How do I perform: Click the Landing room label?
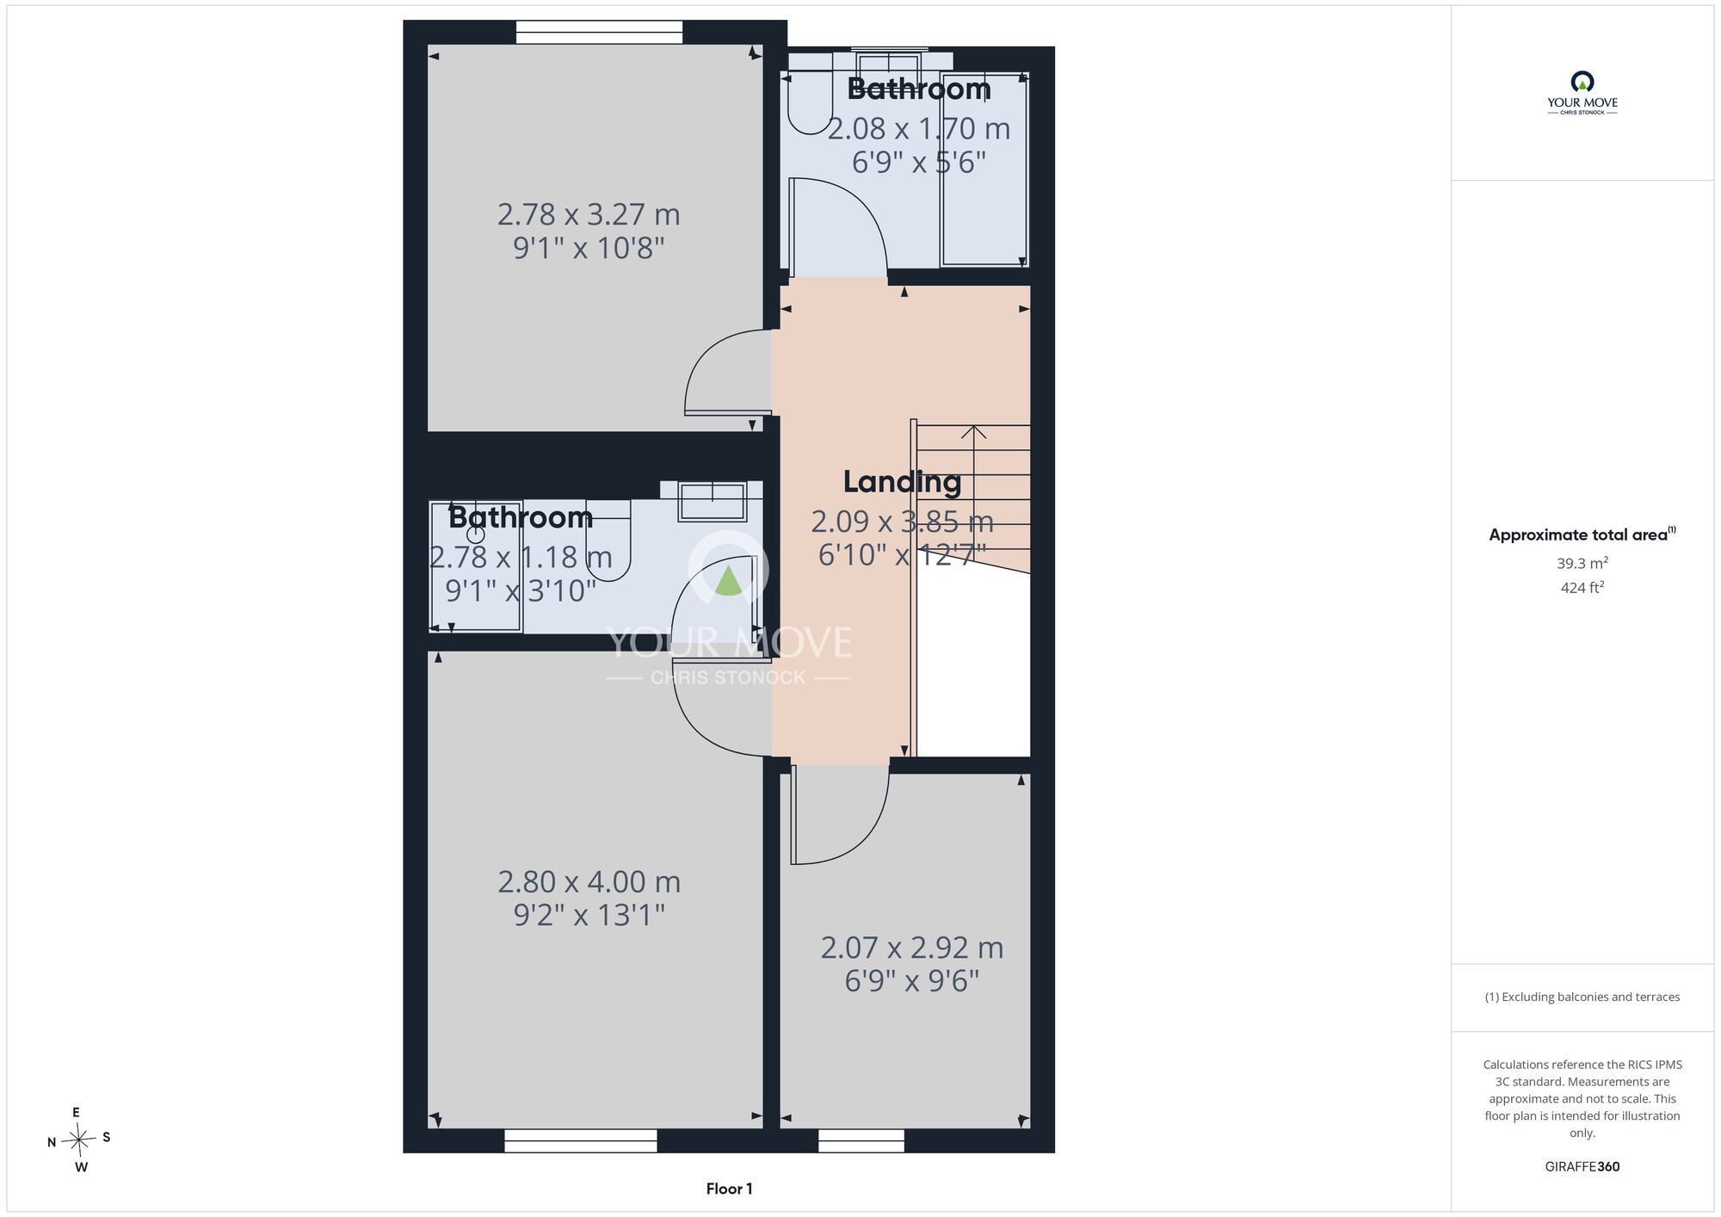[902, 482]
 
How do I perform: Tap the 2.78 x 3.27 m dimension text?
[589, 214]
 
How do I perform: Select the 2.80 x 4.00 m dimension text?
[589, 882]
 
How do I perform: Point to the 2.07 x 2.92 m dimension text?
[912, 948]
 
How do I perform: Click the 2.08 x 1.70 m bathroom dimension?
[919, 129]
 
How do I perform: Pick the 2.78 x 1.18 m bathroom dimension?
[521, 558]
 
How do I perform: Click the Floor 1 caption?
[729, 1189]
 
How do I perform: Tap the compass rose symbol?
[79, 1140]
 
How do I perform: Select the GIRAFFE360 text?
[1582, 1167]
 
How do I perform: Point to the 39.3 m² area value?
[1582, 564]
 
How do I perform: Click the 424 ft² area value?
[1582, 588]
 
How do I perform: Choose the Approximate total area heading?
[1582, 534]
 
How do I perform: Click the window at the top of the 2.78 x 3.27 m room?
[599, 33]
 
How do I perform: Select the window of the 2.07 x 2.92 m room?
[861, 1140]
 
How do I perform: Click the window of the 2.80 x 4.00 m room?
[581, 1140]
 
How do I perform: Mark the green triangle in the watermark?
[729, 580]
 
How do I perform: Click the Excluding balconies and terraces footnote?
[1582, 997]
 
